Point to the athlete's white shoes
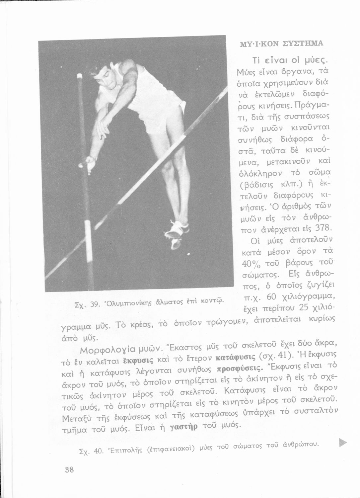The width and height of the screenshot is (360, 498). [x=178, y=231]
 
